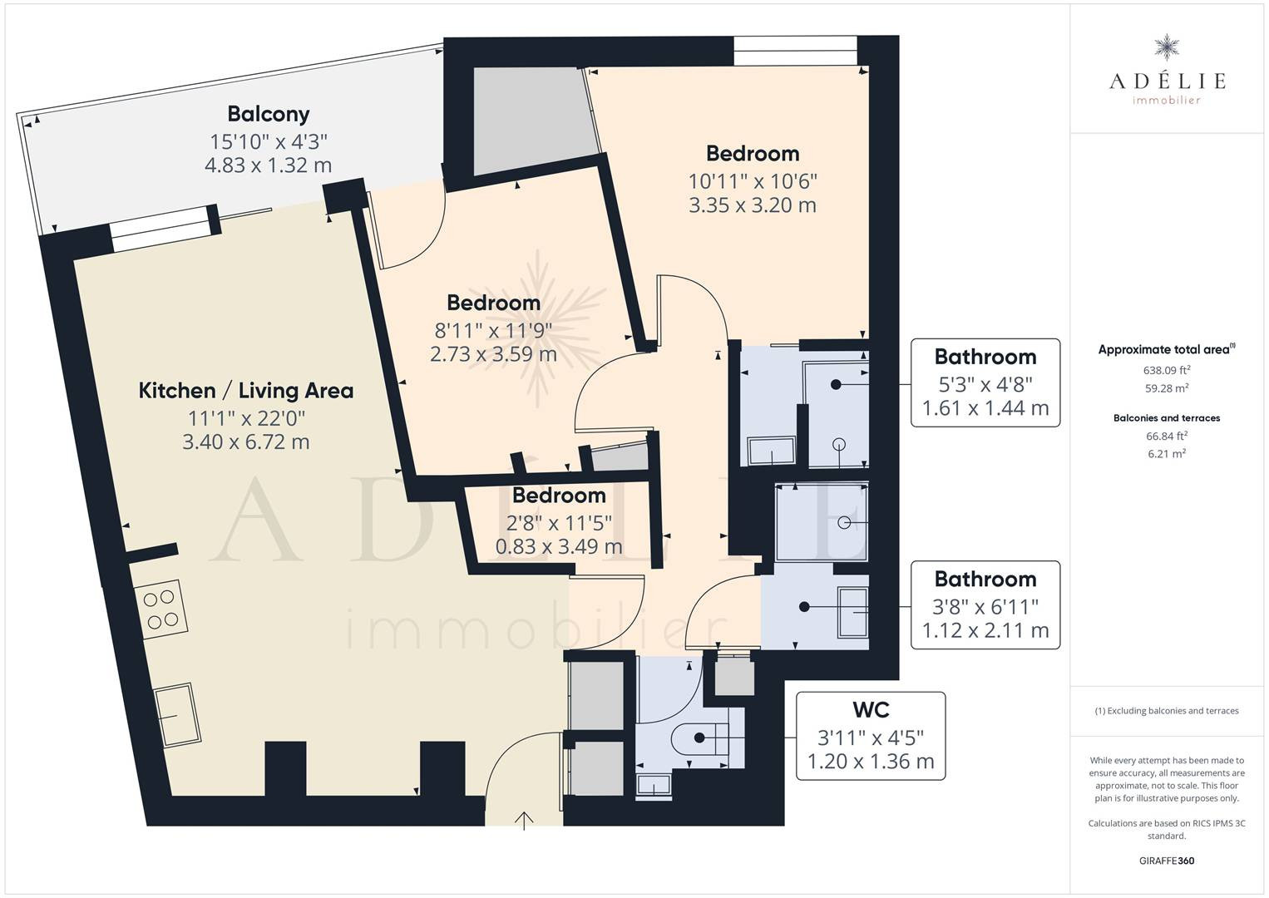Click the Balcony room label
pos(269,115)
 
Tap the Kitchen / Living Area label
pos(246,391)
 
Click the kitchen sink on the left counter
pos(178,715)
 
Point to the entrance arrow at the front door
pos(524,821)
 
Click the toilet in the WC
pos(699,738)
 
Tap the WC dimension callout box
pos(871,735)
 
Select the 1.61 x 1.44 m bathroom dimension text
pos(985,408)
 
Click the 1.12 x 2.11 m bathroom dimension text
pos(985,630)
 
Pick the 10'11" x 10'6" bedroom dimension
pos(753,181)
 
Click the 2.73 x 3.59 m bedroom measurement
pos(493,354)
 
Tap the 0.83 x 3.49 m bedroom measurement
pos(559,546)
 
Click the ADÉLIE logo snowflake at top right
pos(1167,47)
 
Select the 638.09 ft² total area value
pos(1167,370)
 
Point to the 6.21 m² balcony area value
pos(1167,453)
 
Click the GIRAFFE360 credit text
pos(1167,861)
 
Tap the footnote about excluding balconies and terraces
pos(1167,710)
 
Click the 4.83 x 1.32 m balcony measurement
pos(268,165)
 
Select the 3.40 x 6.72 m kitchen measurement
pos(246,442)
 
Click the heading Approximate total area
pos(1167,349)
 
